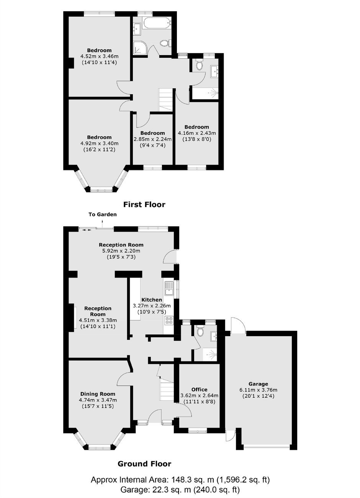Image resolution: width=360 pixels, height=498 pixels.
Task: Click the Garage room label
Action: [258, 384]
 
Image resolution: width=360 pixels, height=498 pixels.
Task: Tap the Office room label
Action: [200, 390]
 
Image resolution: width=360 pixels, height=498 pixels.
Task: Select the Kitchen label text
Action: [152, 300]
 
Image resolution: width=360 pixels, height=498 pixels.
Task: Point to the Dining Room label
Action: [98, 394]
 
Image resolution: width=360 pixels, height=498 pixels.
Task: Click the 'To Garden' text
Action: [103, 214]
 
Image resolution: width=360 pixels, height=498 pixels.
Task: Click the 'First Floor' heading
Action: [144, 204]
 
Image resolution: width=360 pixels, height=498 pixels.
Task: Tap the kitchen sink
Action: [169, 288]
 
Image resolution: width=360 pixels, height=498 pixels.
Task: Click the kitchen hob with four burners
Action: [169, 321]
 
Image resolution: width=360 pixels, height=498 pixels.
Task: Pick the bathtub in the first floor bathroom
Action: [157, 23]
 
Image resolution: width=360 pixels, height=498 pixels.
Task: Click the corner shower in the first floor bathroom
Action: [139, 47]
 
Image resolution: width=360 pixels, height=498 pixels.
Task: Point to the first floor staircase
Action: [166, 100]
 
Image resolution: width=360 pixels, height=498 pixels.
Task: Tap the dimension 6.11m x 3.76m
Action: [258, 390]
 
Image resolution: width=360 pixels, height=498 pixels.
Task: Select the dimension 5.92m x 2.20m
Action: [121, 251]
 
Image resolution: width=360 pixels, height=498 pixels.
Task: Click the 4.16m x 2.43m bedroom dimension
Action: [197, 133]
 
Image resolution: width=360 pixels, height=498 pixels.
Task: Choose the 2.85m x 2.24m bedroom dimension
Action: [152, 139]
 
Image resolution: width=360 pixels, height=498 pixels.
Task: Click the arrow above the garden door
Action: [102, 224]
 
